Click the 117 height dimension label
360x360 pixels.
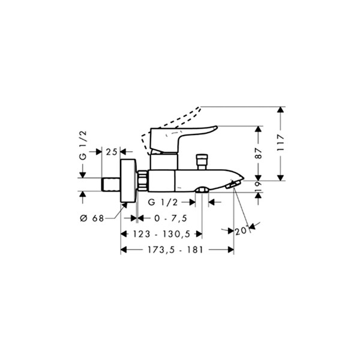(x=280, y=143)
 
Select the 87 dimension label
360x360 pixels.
(x=259, y=153)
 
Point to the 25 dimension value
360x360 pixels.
(x=112, y=152)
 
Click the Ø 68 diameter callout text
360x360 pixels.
(x=92, y=218)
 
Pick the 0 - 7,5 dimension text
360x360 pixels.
(x=171, y=218)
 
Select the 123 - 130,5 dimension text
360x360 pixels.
(x=162, y=234)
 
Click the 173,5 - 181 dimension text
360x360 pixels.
(x=175, y=250)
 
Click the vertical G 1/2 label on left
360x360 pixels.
(x=83, y=145)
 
